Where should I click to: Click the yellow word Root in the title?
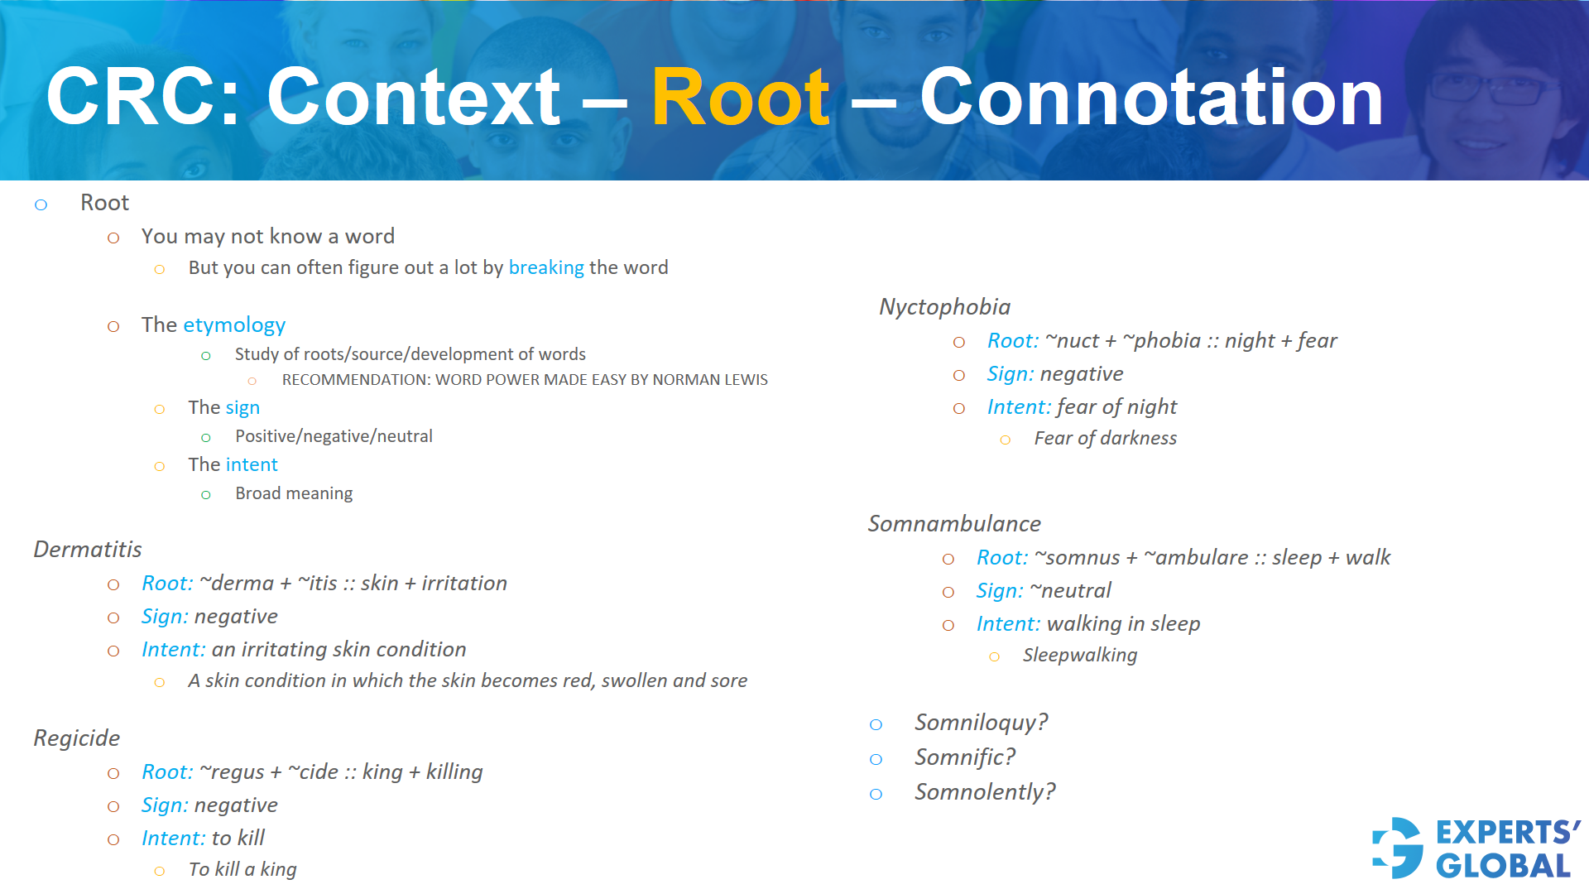click(740, 99)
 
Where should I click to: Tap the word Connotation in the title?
click(1151, 99)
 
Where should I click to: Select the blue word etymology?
click(234, 324)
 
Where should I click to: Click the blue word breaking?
click(546, 267)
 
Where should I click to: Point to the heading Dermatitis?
click(88, 549)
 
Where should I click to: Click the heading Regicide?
click(77, 738)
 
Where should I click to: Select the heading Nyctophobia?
click(944, 306)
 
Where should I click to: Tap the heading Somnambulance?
click(954, 523)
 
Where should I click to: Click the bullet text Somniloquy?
click(981, 722)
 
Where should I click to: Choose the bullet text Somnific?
click(964, 757)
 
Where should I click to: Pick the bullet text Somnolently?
click(985, 791)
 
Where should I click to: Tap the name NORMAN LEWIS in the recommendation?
click(710, 380)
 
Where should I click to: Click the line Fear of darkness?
click(1105, 438)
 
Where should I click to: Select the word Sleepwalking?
click(1080, 655)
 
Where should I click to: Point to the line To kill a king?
click(242, 869)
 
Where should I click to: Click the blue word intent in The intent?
click(251, 464)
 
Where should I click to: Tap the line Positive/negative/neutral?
click(334, 436)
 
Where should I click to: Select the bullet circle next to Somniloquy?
click(876, 724)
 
